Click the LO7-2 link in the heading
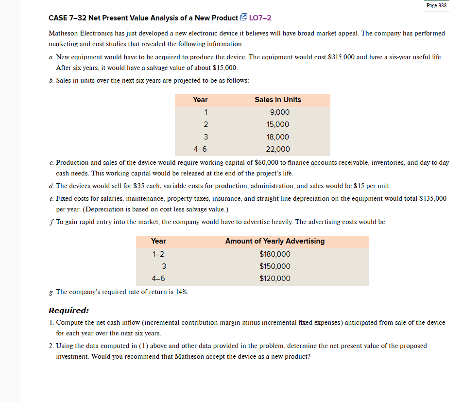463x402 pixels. (x=260, y=18)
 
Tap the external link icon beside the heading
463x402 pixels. (x=243, y=18)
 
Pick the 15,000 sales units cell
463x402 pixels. (x=277, y=124)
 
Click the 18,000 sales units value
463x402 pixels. (x=277, y=137)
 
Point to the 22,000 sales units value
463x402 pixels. (x=277, y=149)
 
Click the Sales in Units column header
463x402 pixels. (x=277, y=100)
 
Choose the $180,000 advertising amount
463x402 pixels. (x=275, y=254)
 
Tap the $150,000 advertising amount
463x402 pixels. (x=275, y=266)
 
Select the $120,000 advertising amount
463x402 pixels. (x=275, y=279)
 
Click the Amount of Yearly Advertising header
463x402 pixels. (x=275, y=241)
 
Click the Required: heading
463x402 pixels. (x=69, y=310)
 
